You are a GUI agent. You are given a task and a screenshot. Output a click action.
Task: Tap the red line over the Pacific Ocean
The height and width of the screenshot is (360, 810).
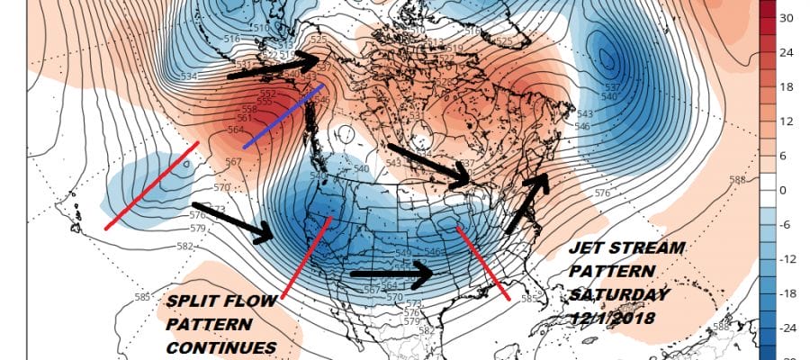[x=151, y=184]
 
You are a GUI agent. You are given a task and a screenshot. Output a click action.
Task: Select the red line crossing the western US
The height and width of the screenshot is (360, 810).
[x=306, y=256]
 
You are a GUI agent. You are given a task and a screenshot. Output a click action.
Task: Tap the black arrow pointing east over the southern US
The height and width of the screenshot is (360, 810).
[x=391, y=272]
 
